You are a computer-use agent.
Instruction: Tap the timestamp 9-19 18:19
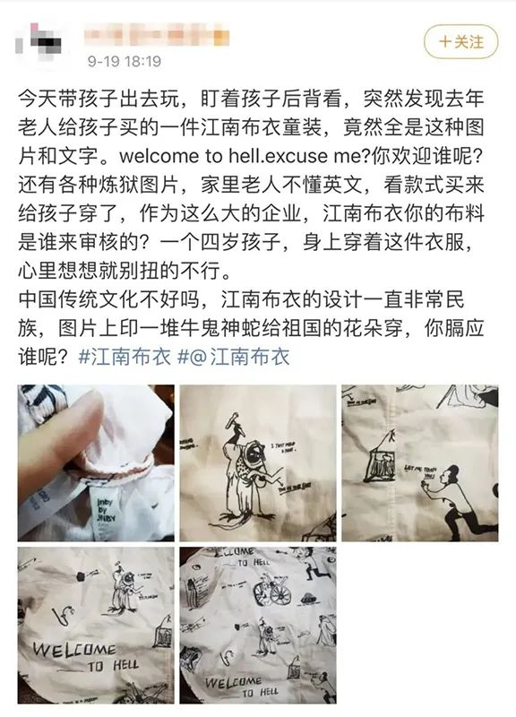[124, 61]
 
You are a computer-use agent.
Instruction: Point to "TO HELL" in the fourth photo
[114, 665]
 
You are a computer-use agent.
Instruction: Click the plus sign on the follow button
[443, 42]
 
